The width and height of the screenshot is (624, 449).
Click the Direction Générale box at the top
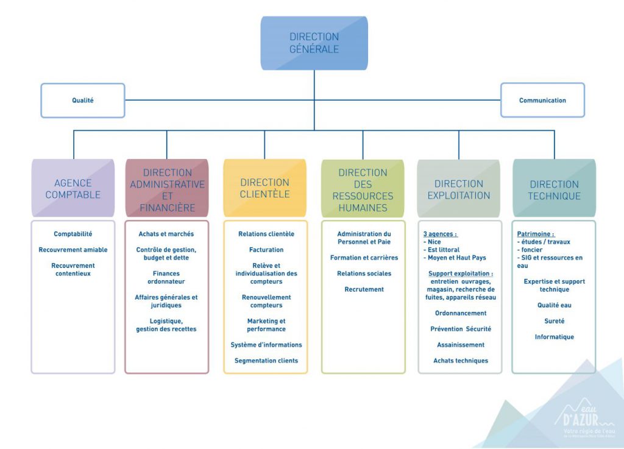(x=314, y=43)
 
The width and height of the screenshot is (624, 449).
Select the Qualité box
(x=83, y=101)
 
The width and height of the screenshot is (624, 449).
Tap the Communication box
(x=542, y=101)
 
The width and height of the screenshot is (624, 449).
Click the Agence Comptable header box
(x=73, y=188)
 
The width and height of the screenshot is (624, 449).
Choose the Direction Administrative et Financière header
(x=167, y=189)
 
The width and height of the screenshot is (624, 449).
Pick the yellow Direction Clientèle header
(x=264, y=188)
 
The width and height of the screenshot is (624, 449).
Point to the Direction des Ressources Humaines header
(x=363, y=189)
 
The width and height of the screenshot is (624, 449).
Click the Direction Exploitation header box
(x=458, y=189)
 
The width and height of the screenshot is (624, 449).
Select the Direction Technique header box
(x=554, y=189)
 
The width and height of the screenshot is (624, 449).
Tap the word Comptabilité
(x=73, y=234)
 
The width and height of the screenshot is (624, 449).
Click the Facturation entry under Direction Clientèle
(x=266, y=250)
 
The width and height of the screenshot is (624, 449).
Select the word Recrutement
(x=364, y=289)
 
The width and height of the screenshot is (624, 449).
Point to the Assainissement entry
(x=461, y=345)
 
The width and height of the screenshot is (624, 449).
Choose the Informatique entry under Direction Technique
(x=554, y=337)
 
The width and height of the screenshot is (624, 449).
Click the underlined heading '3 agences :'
(x=440, y=234)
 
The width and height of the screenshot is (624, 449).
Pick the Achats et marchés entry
(x=166, y=234)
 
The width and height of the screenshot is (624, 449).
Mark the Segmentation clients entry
(x=266, y=361)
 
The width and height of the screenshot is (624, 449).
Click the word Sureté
(x=554, y=321)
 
